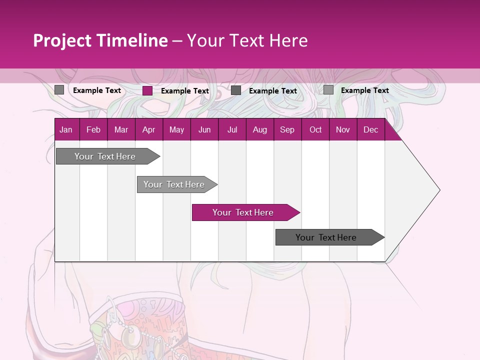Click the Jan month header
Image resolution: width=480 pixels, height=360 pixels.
click(x=66, y=129)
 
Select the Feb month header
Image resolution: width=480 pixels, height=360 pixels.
click(x=93, y=129)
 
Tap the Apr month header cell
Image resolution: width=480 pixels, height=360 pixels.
click(x=149, y=129)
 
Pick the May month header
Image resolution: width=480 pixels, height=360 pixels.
click(x=176, y=129)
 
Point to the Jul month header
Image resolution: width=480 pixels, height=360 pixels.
click(x=232, y=129)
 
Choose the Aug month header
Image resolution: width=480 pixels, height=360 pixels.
click(x=260, y=129)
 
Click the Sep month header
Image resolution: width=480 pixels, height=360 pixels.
click(x=287, y=129)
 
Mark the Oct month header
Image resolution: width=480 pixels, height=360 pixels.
click(x=315, y=129)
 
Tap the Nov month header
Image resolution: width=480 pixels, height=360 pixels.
click(x=343, y=129)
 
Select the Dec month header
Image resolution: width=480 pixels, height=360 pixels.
click(x=371, y=129)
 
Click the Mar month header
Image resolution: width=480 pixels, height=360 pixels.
click(x=121, y=129)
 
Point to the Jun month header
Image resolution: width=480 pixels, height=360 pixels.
click(x=204, y=129)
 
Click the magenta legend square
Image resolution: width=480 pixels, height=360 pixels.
click(x=147, y=90)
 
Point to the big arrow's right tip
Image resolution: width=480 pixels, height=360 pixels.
click(x=439, y=190)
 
